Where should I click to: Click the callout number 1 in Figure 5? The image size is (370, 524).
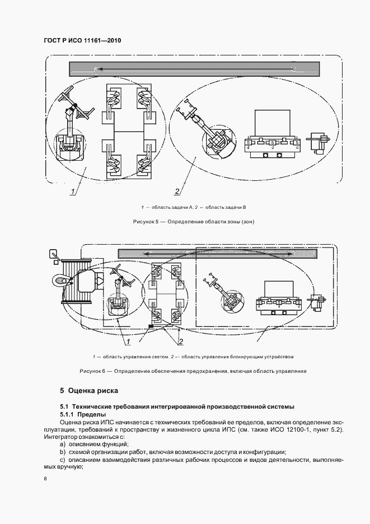pyautogui.click(x=73, y=192)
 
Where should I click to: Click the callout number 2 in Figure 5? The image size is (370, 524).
pyautogui.click(x=177, y=192)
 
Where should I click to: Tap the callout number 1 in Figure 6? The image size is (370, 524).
pyautogui.click(x=128, y=341)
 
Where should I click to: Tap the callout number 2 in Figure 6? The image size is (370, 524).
pyautogui.click(x=180, y=341)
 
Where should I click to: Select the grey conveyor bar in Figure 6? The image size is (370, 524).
pyautogui.click(x=230, y=254)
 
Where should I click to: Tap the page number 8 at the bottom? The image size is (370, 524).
pyautogui.click(x=45, y=479)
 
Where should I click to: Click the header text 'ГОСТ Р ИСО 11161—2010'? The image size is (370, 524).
pyautogui.click(x=82, y=41)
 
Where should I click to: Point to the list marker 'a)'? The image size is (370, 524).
pyautogui.click(x=63, y=444)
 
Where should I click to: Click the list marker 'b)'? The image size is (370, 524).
pyautogui.click(x=63, y=452)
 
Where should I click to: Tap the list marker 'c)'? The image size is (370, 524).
pyautogui.click(x=63, y=460)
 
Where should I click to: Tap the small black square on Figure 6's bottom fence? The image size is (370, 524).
pyautogui.click(x=151, y=326)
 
